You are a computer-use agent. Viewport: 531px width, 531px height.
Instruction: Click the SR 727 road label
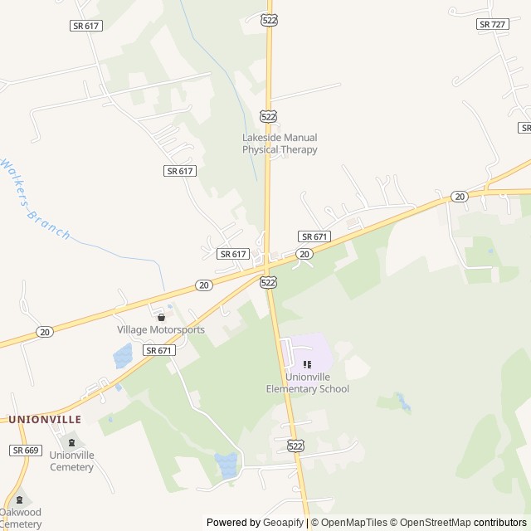coord(493,24)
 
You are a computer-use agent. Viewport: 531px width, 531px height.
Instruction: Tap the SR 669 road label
coord(26,450)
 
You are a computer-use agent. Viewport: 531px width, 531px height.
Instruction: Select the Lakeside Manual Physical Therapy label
coord(280,144)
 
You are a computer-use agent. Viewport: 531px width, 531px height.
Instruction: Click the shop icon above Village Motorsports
coord(161,316)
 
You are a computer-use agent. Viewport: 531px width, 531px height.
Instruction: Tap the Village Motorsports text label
coord(160,329)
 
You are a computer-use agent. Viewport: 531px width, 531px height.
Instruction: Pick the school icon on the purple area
coord(307,363)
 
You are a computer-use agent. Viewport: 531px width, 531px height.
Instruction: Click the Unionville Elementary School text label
coord(307,382)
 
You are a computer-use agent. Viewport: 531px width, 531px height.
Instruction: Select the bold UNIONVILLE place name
coord(45,420)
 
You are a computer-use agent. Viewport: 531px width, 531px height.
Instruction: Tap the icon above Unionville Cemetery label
coord(71,442)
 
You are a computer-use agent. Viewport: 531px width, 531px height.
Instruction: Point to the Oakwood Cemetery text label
coord(21,518)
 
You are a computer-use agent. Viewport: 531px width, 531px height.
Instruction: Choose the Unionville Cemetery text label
coord(71,460)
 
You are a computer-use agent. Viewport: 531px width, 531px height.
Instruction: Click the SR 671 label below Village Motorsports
coord(159,351)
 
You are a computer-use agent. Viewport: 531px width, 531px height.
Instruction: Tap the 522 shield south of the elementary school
coord(295,446)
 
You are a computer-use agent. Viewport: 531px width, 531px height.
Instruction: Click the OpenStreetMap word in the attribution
coord(431,523)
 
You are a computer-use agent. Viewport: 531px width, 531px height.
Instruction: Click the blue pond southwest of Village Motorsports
coord(122,358)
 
